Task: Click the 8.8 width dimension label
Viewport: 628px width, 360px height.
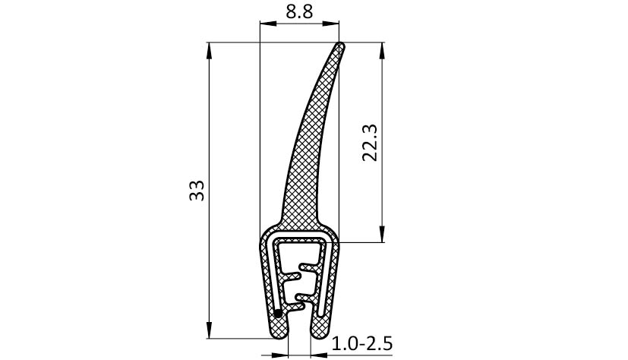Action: coord(299,12)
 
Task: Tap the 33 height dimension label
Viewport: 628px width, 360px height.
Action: coord(197,191)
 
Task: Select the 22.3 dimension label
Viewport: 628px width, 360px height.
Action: coord(370,143)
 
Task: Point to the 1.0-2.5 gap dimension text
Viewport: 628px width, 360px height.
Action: coord(362,343)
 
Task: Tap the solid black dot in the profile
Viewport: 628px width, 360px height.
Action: coord(278,314)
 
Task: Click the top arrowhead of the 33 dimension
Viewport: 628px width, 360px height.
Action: coord(209,51)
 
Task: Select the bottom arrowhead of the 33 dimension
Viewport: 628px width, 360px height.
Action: coord(209,330)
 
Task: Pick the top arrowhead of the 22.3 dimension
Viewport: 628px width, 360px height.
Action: coord(382,51)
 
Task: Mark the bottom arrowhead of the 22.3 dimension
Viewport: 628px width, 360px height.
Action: coord(382,234)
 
